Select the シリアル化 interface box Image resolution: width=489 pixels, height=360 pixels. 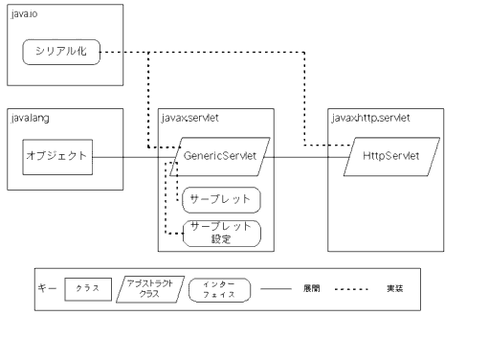point(61,52)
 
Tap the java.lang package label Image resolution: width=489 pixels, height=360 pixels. point(26,119)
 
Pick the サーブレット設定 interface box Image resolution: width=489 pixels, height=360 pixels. point(221,233)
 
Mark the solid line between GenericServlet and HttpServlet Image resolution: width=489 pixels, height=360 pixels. point(305,157)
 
